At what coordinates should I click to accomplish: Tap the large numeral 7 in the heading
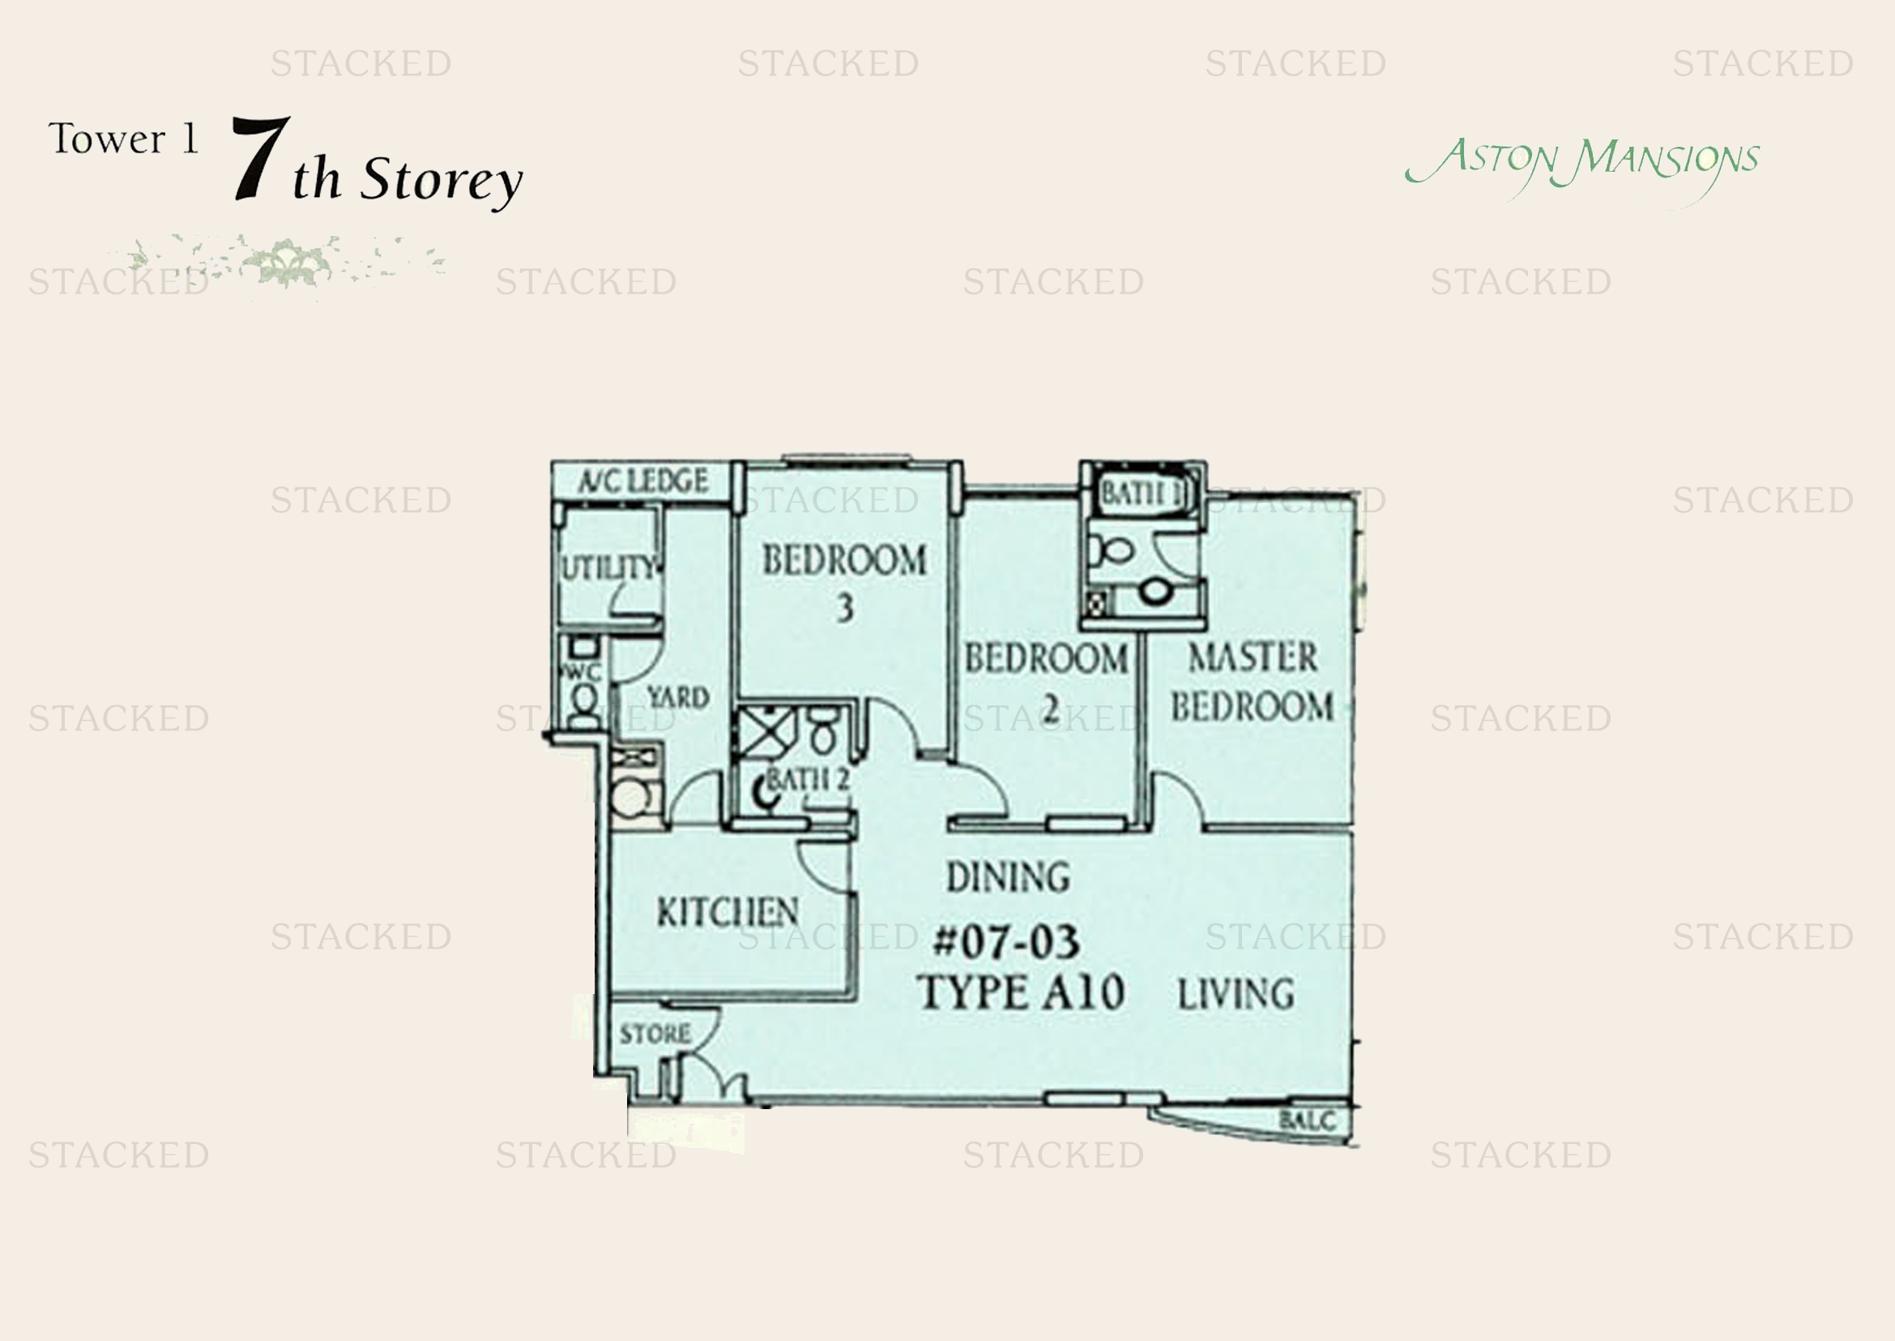click(261, 158)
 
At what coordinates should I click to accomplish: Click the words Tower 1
click(124, 139)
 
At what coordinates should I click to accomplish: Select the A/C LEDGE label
click(643, 481)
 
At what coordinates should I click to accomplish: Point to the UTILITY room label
click(609, 568)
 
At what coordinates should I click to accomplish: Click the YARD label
click(677, 698)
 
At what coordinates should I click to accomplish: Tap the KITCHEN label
click(727, 912)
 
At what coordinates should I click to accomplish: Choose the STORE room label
click(655, 1034)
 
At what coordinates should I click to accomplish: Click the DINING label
click(1008, 877)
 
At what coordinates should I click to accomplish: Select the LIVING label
click(1236, 993)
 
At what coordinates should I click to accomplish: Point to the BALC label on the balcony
click(1307, 1120)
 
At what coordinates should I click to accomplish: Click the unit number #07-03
click(1005, 942)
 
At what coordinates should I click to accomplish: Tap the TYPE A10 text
click(1020, 992)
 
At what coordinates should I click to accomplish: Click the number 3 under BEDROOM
click(844, 609)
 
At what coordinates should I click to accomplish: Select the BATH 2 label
click(808, 778)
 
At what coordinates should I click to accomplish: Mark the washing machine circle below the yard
click(631, 799)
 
